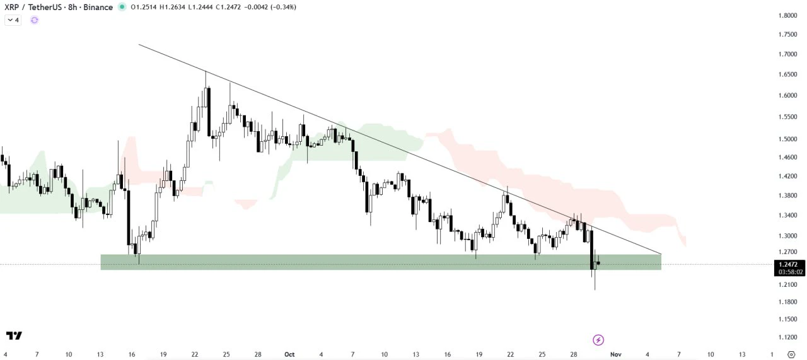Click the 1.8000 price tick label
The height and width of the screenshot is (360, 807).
[787, 16]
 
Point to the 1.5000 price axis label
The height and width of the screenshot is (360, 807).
[787, 139]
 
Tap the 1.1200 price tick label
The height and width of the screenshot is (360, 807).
[787, 337]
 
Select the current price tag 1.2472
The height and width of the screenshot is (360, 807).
[789, 265]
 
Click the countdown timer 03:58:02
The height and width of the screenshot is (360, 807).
[791, 272]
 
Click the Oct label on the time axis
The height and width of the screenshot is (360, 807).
[289, 354]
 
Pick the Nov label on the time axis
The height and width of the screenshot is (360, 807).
[616, 354]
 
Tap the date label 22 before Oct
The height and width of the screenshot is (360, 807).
[195, 354]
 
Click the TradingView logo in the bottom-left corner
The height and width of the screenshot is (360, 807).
[14, 336]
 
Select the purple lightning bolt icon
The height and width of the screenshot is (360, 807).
[598, 340]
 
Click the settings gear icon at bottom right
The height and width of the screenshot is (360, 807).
[791, 354]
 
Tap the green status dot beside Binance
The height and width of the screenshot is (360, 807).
[122, 7]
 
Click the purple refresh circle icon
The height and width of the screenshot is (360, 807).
[34, 20]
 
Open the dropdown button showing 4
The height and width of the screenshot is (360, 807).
[13, 20]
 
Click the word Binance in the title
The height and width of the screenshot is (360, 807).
[98, 7]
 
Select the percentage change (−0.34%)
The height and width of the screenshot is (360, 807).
[284, 7]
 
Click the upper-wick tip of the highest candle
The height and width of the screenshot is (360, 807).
[206, 71]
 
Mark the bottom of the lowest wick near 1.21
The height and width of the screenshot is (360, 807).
[595, 290]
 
